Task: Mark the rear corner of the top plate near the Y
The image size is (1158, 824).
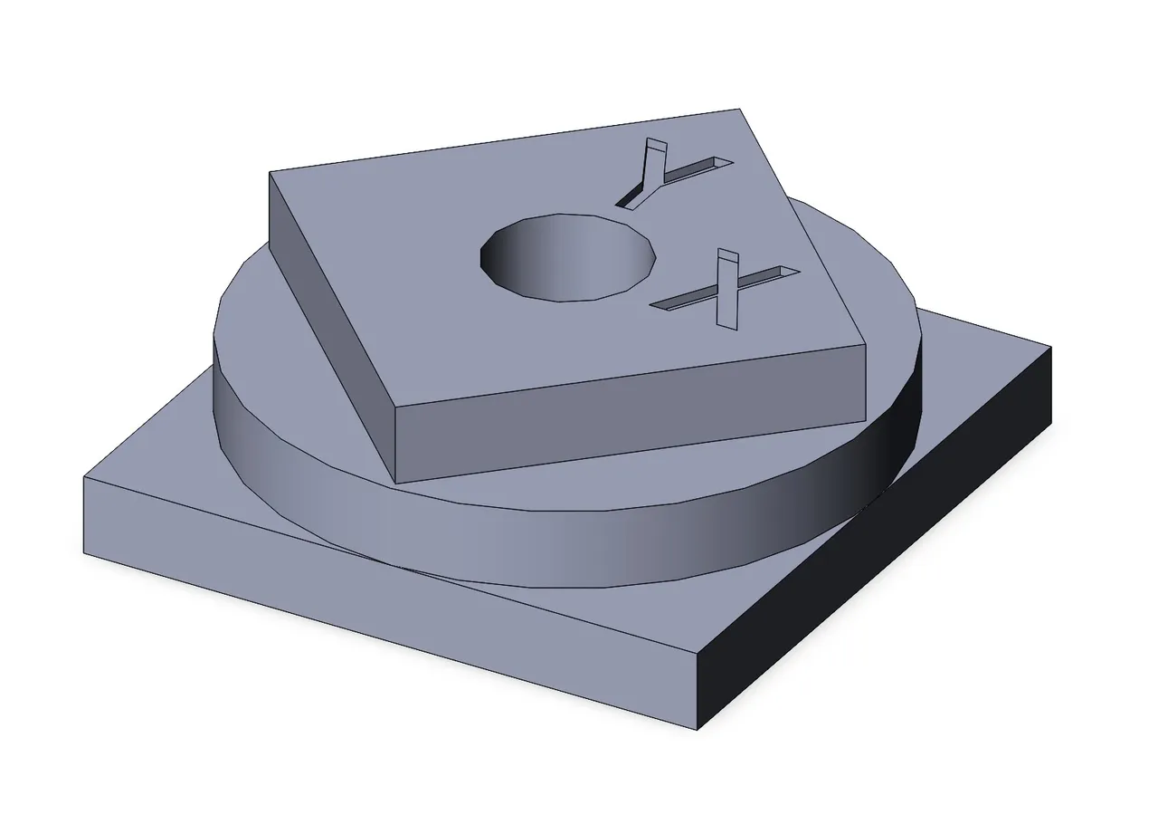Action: (742, 110)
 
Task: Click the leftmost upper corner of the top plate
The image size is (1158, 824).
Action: (271, 173)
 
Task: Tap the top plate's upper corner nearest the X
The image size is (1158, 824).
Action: (865, 344)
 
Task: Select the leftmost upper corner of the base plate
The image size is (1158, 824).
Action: (84, 476)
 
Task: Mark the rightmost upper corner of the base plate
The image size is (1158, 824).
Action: (1051, 348)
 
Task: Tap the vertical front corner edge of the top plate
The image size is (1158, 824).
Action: (397, 444)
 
